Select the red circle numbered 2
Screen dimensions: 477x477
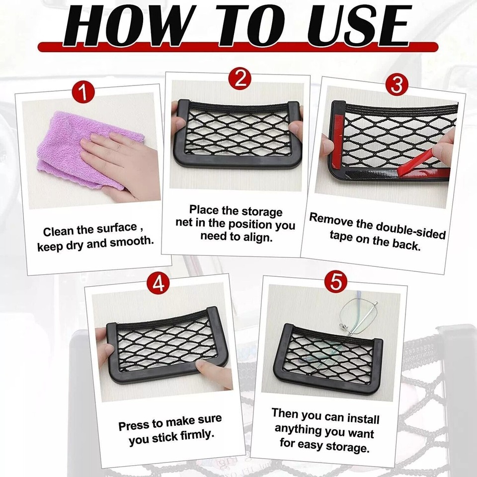click(x=240, y=79)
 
